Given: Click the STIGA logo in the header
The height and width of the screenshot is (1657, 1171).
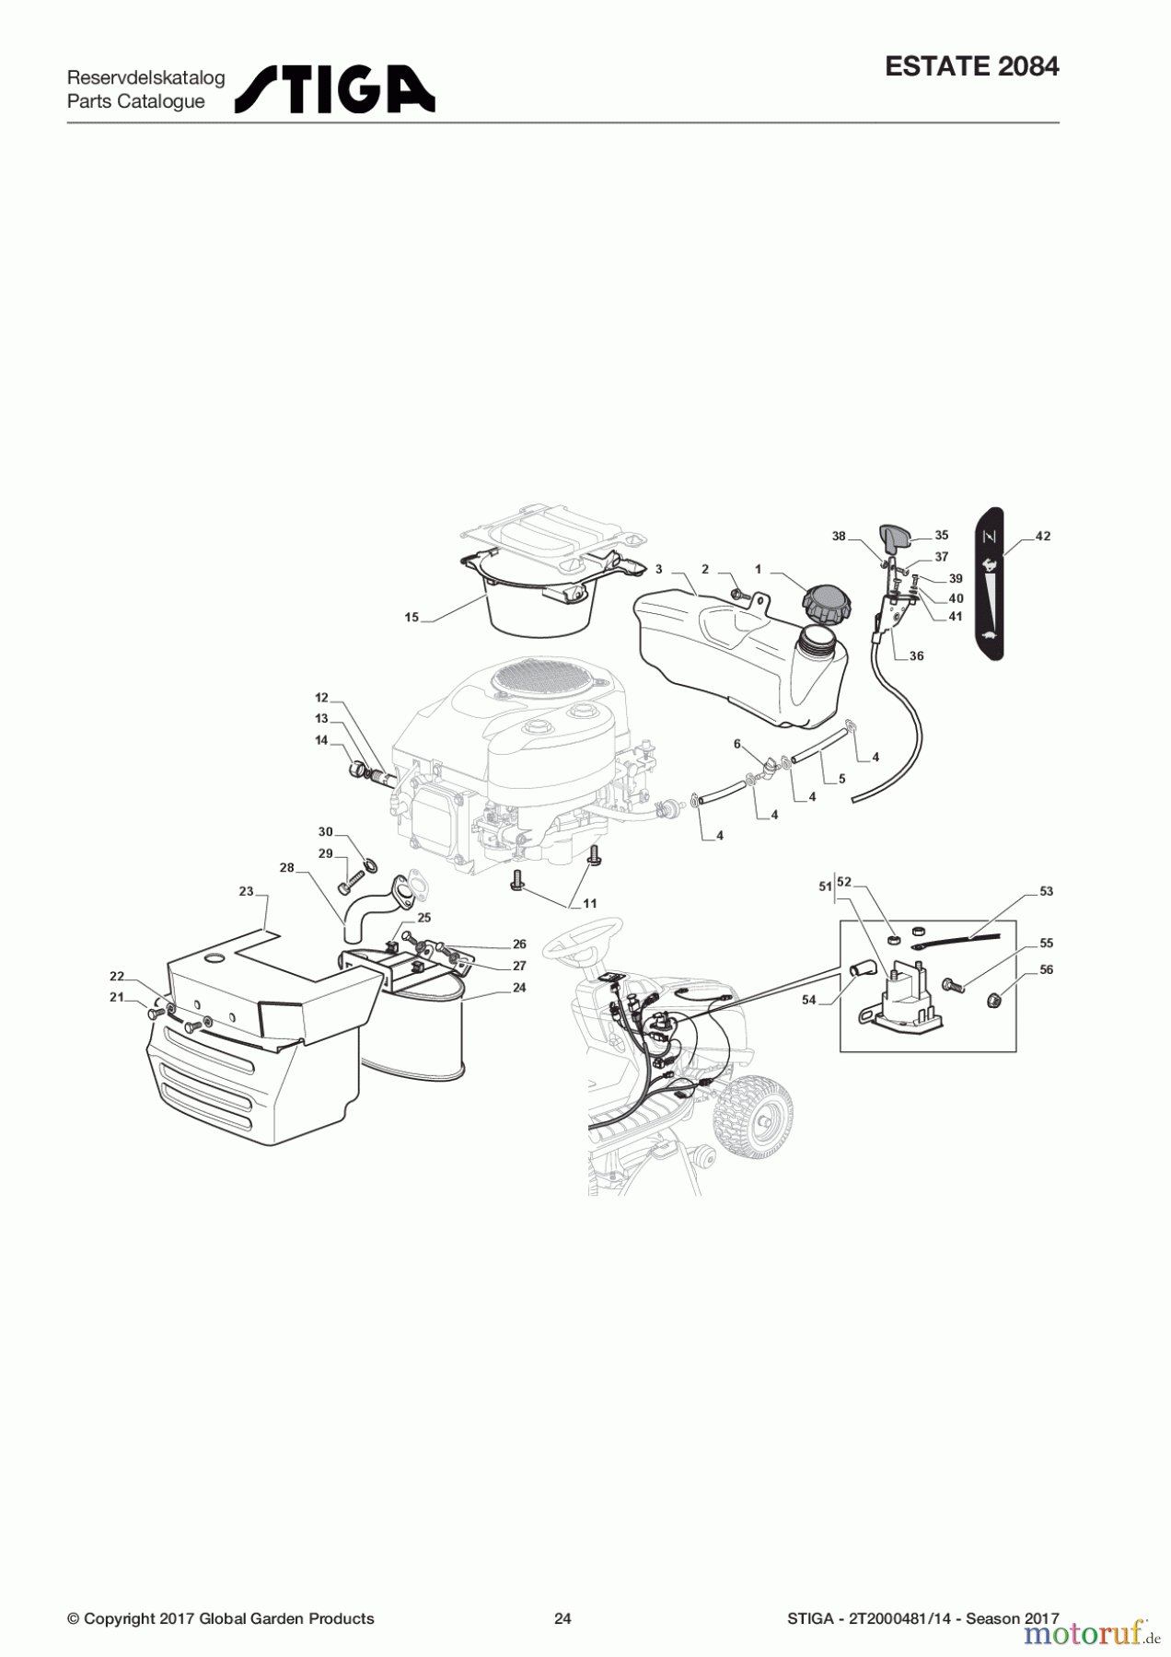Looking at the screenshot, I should pos(335,89).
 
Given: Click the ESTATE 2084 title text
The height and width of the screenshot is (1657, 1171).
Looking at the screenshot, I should pos(971,66).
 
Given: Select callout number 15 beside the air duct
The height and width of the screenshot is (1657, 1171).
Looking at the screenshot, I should pos(412,618).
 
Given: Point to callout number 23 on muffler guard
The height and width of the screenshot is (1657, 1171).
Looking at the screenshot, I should pos(246,891).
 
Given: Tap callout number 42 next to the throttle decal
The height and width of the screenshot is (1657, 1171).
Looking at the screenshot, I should pos(1042,536).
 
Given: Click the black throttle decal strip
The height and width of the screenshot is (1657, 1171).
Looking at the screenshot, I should pos(990,584).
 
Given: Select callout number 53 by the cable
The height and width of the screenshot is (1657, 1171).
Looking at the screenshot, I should pos(1046,891).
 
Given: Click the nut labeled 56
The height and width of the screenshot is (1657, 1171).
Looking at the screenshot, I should pos(995,999).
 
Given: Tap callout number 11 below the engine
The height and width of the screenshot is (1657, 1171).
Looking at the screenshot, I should pos(589,904).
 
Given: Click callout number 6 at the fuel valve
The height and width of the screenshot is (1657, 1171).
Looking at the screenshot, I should pos(736,744).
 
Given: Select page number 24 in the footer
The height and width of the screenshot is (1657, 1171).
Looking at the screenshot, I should pos(562,1618).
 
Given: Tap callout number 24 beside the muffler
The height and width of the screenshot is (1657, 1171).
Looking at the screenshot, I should pos(519,988).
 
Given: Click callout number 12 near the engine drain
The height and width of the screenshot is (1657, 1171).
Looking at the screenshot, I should pos(321,698).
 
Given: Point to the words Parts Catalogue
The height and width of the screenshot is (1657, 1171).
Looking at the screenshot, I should pos(136,102).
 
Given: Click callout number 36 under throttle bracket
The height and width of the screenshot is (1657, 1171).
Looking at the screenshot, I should pos(916,656).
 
